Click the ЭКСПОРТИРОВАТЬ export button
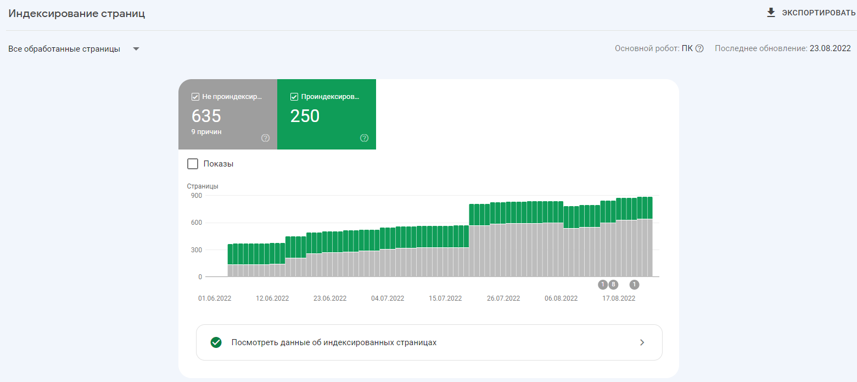[x=818, y=13]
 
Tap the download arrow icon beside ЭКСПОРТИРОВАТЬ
[x=771, y=13]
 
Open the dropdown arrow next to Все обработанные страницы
[x=136, y=49]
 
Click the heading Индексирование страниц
[x=77, y=14]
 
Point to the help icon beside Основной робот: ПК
[x=699, y=48]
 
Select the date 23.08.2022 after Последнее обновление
[x=830, y=48]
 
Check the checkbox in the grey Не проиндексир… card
[x=195, y=97]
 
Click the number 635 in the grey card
[x=206, y=116]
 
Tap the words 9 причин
[x=206, y=132]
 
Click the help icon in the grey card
[x=266, y=138]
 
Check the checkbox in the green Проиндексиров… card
[x=294, y=97]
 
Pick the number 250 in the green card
[x=305, y=116]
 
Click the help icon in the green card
[x=364, y=138]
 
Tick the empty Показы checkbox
[x=193, y=164]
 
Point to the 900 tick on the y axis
[x=197, y=195]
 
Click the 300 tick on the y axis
[x=197, y=250]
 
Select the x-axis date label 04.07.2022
[x=388, y=298]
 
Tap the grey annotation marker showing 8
[x=613, y=284]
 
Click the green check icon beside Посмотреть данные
[x=216, y=342]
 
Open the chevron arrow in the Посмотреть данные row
[x=642, y=342]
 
